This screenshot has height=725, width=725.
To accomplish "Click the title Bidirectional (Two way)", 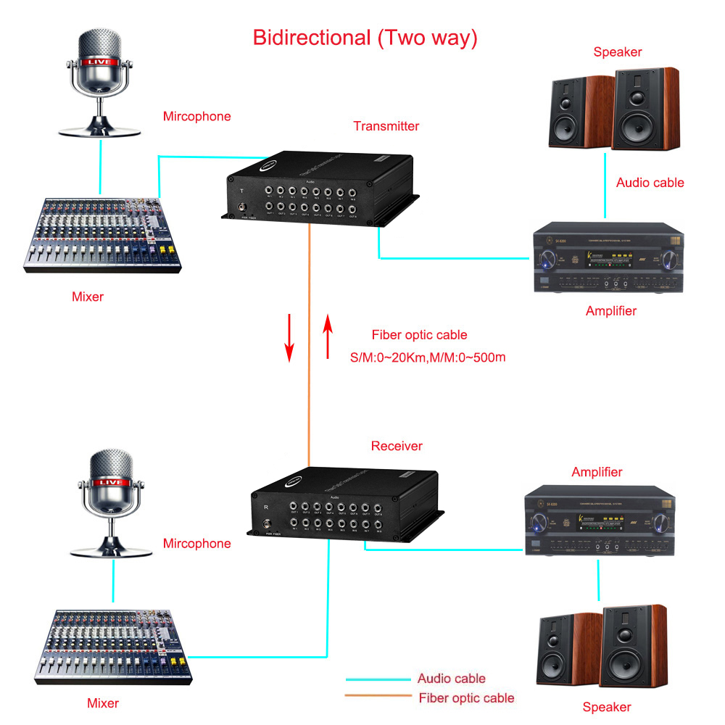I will pos(365,38).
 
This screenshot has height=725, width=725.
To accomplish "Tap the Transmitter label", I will pos(386,126).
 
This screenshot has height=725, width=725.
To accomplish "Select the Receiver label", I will pos(397,446).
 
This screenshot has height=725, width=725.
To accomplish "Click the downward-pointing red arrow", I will pos(289,337).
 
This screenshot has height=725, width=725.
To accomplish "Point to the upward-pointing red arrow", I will pos(328,337).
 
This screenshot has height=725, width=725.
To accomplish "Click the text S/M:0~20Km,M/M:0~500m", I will pos(427,356).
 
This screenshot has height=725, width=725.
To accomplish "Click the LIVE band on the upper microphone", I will pos(99,62).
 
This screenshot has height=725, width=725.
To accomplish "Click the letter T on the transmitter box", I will pos(241,191).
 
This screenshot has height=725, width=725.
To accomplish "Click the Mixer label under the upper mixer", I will pos(88,296).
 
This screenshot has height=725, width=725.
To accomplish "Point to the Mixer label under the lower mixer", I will pos(103,703).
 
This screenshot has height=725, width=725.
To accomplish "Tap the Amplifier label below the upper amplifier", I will pos(610,311).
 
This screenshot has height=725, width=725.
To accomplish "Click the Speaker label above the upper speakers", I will pos(617,52).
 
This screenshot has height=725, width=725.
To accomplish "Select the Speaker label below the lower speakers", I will pos(607,707).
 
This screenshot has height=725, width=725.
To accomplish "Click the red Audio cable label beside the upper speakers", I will pos(650,183).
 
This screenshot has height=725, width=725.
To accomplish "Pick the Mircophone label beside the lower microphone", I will pos(196,544).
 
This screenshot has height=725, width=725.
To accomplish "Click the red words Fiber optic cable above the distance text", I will pos(419,335).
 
